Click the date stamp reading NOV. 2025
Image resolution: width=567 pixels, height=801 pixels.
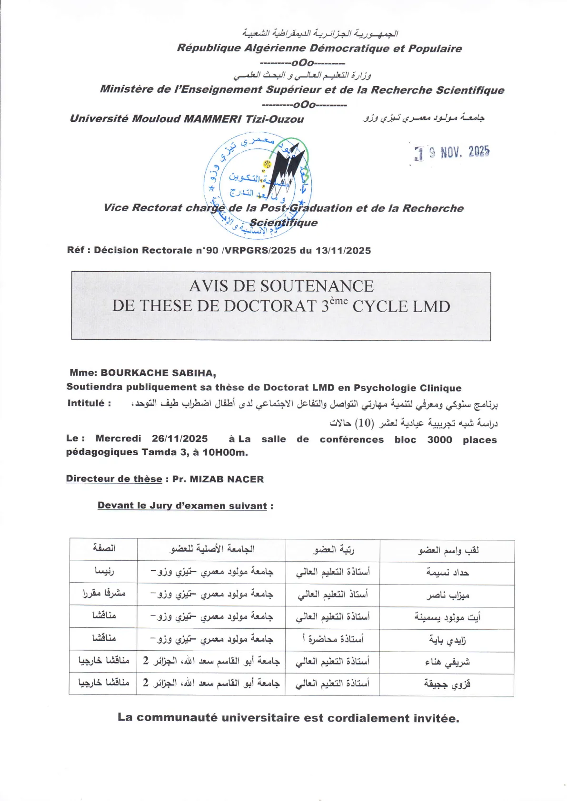(x=452, y=152)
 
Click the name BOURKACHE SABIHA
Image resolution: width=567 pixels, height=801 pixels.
(x=158, y=373)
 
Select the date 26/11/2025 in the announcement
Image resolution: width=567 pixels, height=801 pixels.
(x=179, y=439)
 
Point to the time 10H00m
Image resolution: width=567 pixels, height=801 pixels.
(x=225, y=452)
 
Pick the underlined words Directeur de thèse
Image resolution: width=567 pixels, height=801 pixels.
(x=114, y=479)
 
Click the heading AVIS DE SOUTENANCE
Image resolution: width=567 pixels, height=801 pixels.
(x=281, y=286)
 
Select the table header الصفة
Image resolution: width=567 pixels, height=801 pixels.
(x=104, y=548)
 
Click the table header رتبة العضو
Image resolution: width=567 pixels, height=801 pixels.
(x=333, y=550)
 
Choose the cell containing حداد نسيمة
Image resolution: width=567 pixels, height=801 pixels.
(x=448, y=573)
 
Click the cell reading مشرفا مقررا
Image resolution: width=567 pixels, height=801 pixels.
(x=104, y=593)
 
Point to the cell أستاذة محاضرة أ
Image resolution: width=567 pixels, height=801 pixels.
(x=333, y=639)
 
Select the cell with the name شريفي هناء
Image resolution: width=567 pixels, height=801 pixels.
(x=448, y=662)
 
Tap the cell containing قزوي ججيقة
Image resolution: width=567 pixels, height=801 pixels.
(x=447, y=684)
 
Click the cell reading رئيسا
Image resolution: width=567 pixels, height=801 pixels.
(x=104, y=570)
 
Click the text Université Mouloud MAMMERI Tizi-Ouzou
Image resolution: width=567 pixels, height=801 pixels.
(x=187, y=119)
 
